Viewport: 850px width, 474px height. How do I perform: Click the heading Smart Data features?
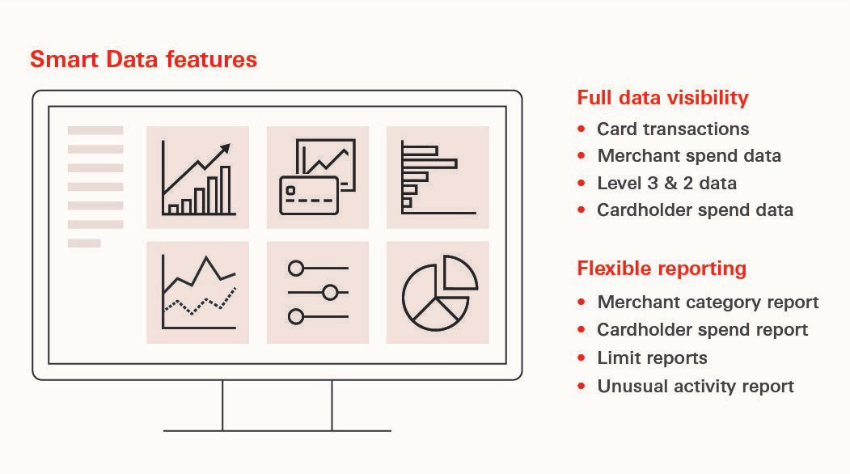pos(143,59)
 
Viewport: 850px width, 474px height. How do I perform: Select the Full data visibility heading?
pos(662,98)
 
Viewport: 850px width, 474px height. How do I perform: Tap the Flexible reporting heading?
pos(662,269)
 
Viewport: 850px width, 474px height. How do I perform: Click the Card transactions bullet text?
pos(673,129)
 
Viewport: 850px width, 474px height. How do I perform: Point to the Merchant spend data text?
pos(689,156)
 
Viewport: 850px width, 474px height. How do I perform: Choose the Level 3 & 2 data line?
pos(666,183)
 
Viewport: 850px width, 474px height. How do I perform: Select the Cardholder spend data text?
pos(695,210)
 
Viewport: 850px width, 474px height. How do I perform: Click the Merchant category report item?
pos(708,303)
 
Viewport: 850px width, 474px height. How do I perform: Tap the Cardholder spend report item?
pos(702,330)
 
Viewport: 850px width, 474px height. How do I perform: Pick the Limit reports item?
pos(652,358)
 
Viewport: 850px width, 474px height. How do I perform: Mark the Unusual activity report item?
pos(696,386)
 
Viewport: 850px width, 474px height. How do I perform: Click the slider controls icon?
pos(317,292)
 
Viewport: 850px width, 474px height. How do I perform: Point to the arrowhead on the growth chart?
pos(225,148)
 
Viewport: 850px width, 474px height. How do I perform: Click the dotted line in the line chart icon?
pos(200,303)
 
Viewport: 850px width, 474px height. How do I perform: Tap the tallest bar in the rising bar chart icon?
pos(226,190)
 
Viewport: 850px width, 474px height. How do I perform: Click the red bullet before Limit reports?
pos(581,358)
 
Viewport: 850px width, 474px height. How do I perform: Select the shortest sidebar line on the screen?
pos(84,243)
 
